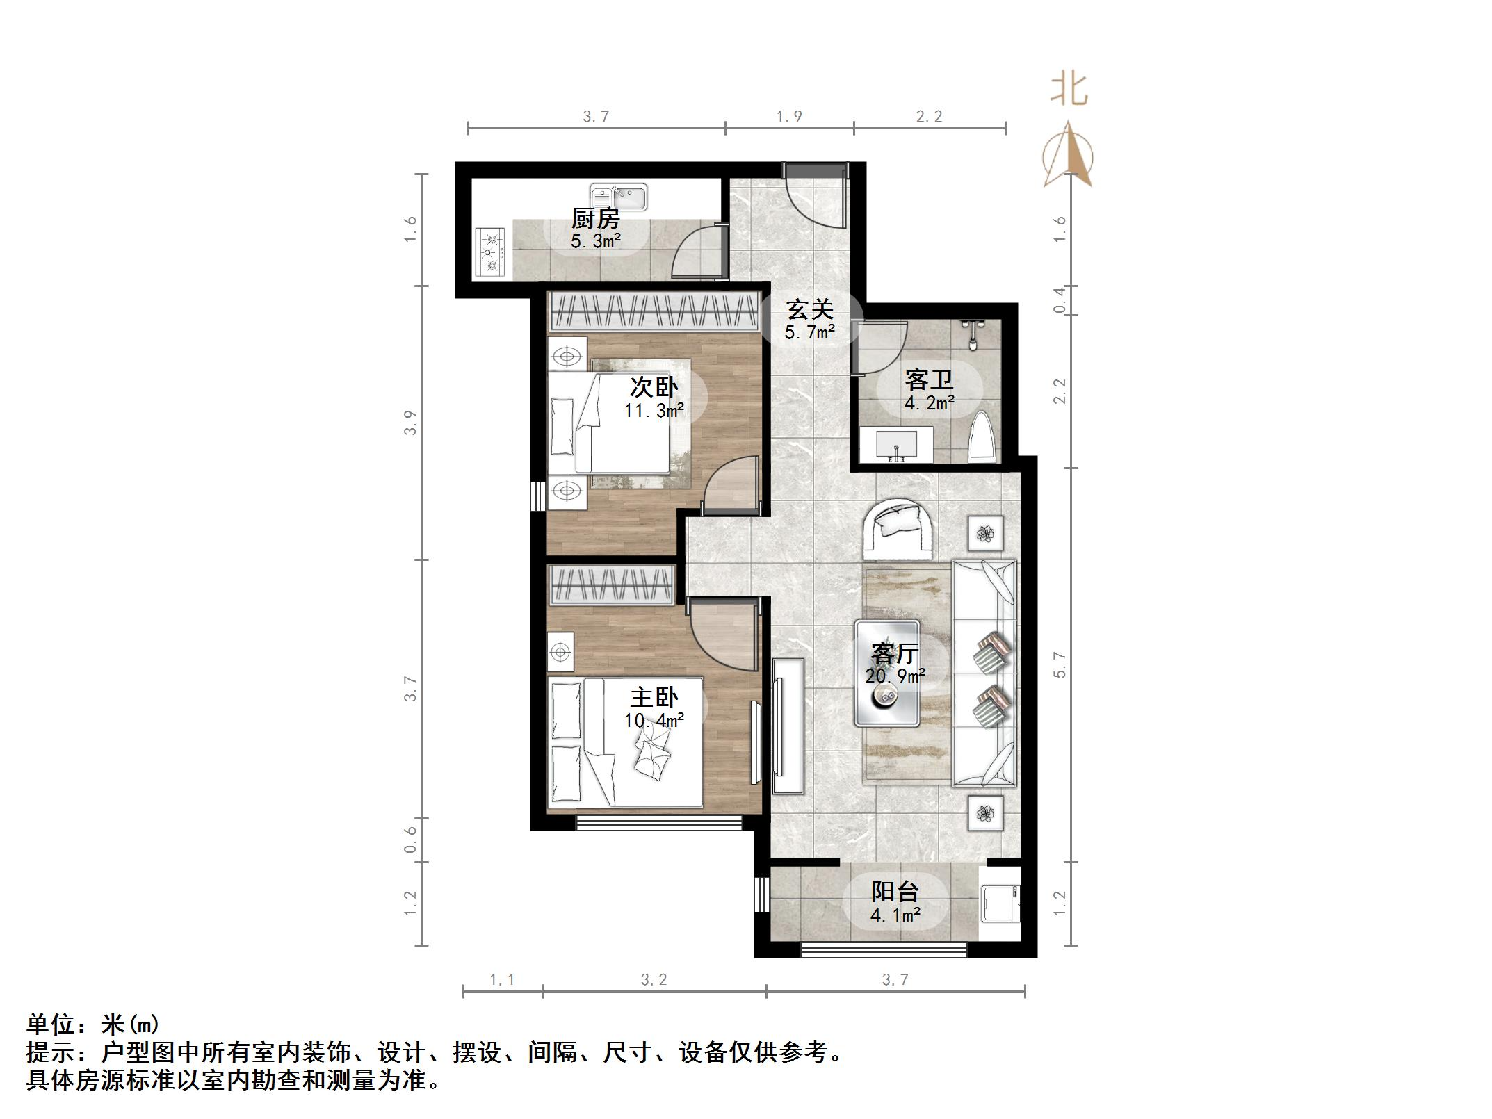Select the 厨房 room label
(595, 219)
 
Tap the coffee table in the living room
(887, 673)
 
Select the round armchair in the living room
(898, 529)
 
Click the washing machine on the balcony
(999, 903)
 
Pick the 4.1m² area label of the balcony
(895, 915)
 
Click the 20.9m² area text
(895, 676)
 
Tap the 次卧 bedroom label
(654, 386)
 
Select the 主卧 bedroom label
(654, 697)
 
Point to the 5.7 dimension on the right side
(1059, 665)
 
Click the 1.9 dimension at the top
(789, 116)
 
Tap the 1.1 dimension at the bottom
(502, 980)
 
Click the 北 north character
(1069, 90)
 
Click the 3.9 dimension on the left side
(410, 423)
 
